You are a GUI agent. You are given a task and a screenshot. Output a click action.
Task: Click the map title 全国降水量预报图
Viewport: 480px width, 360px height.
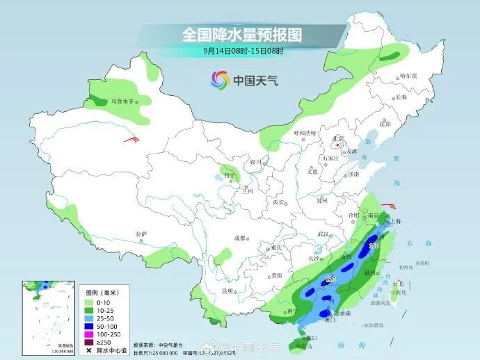(242, 34)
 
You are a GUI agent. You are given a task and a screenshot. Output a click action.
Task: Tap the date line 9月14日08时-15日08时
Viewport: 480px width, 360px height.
(243, 51)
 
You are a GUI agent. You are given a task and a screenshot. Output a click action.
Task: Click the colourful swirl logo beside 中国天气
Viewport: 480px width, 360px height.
(219, 80)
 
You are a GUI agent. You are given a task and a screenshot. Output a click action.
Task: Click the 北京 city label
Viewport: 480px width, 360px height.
(338, 138)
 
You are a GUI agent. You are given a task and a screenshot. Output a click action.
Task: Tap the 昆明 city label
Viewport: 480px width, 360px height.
(227, 291)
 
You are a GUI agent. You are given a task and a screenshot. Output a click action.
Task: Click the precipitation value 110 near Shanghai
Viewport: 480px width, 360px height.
(374, 246)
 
